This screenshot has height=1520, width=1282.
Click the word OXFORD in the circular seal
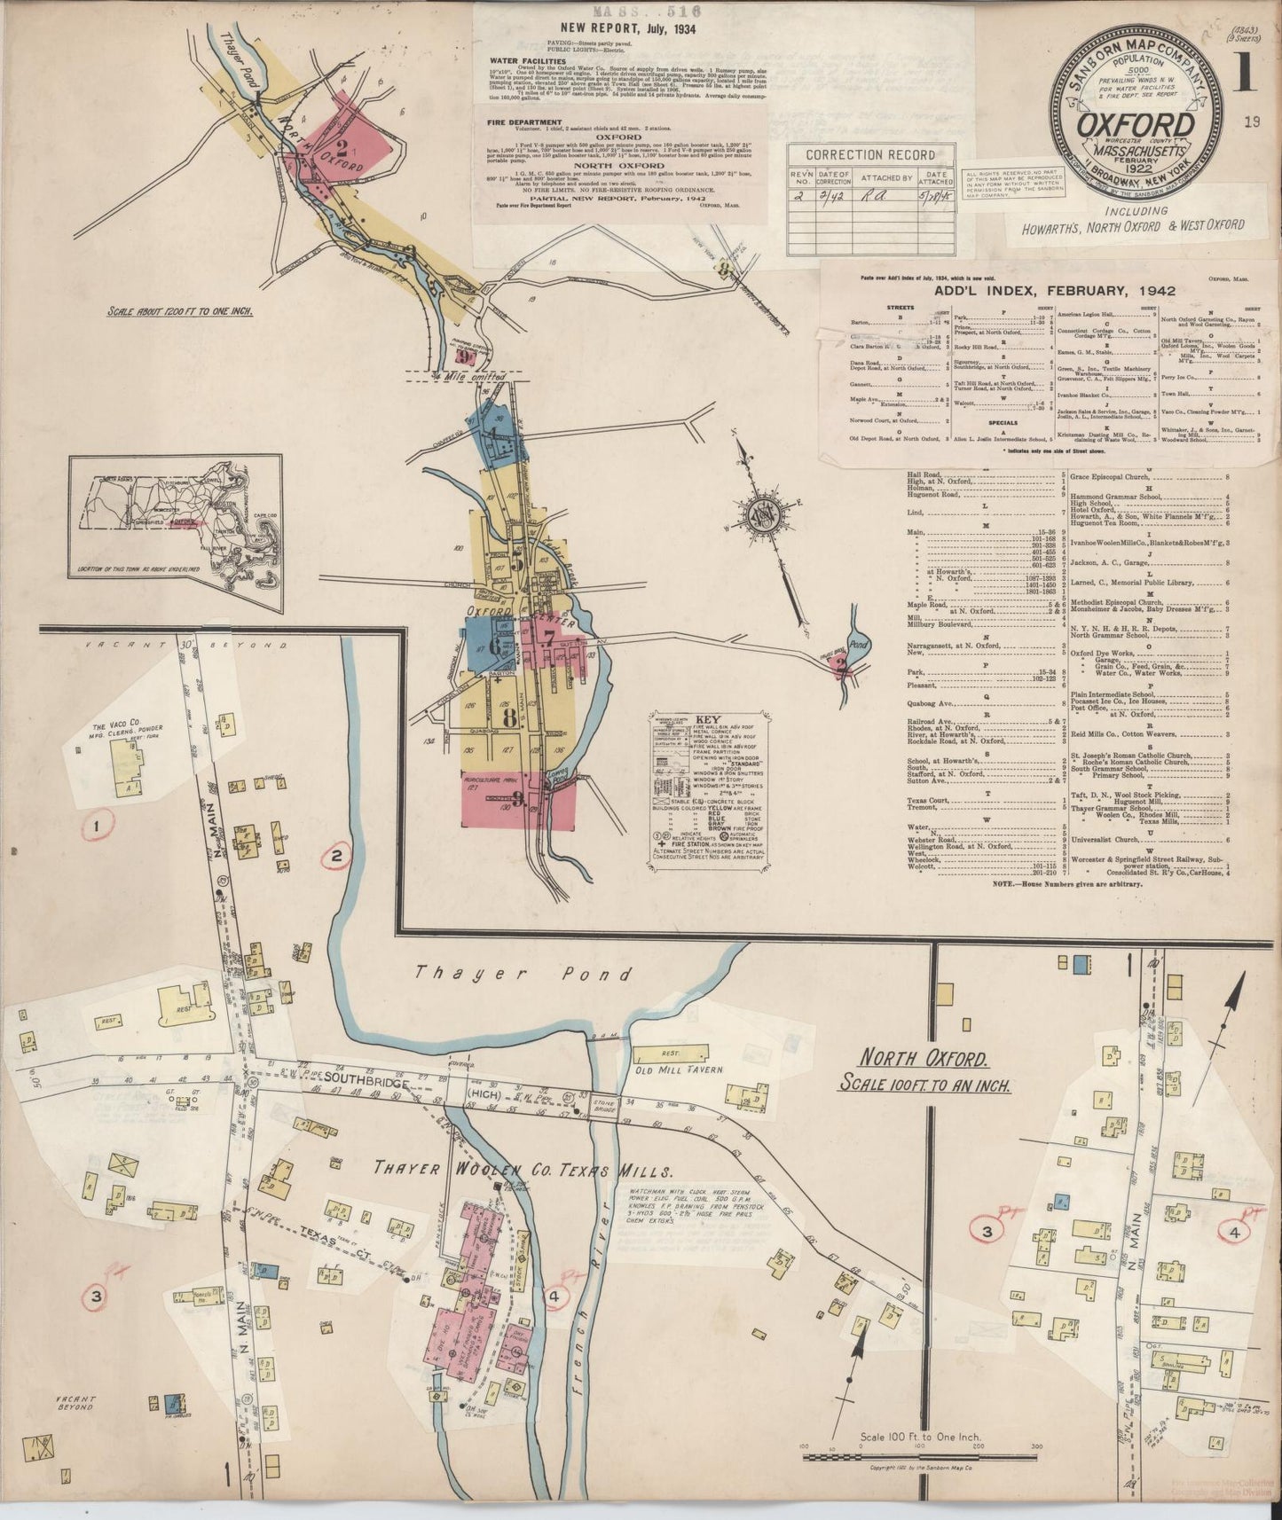click(x=1135, y=125)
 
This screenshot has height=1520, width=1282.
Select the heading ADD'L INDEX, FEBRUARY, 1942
click(x=1054, y=290)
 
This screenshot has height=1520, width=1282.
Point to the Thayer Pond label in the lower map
click(x=523, y=974)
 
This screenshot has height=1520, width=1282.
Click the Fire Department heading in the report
click(x=524, y=122)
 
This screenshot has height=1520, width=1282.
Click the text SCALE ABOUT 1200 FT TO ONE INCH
click(x=179, y=311)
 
